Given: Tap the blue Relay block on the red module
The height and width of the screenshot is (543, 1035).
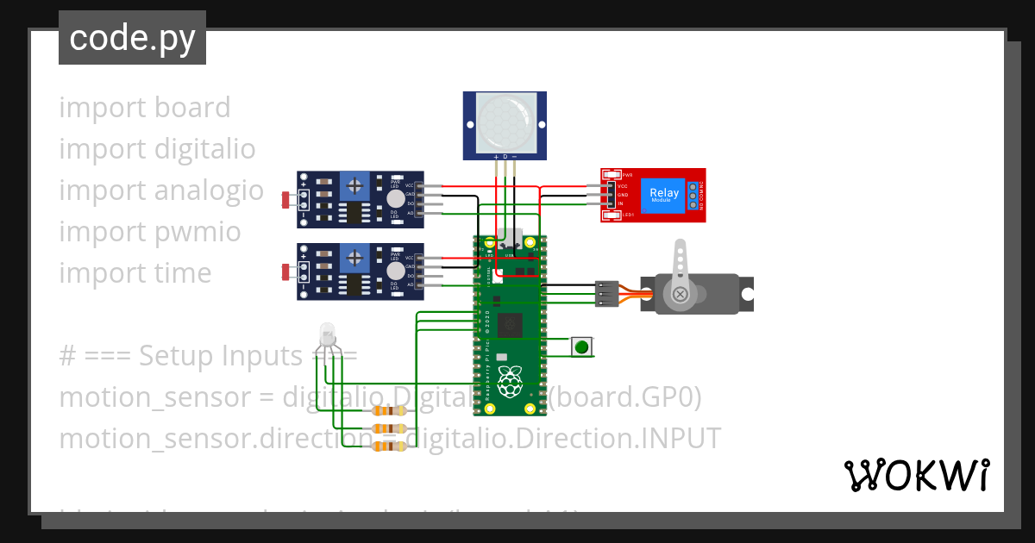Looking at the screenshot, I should point(664,195).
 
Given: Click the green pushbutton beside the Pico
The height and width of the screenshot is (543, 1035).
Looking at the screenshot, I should point(582,346).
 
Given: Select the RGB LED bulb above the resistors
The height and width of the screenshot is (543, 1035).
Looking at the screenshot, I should point(327,334).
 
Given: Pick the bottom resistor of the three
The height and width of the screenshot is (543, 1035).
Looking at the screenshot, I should point(389,446).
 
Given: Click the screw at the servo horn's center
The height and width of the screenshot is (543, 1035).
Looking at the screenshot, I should point(681,295).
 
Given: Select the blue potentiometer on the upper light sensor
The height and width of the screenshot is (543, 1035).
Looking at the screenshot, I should point(354,184).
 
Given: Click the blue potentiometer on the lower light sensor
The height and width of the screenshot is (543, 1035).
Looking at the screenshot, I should point(354,257).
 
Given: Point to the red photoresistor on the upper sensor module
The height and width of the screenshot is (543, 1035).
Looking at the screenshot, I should point(285,200).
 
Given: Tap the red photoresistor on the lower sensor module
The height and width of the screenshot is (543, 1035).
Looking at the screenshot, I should point(285,273).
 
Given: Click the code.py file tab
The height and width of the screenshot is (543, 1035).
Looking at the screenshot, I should point(132,38).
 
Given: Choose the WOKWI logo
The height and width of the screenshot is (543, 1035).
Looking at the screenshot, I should point(916,475).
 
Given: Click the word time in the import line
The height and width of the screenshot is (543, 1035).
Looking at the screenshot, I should point(182,273).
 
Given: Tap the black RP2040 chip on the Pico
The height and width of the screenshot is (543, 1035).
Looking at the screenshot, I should point(511,326).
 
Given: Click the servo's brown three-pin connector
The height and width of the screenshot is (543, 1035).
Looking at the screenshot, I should point(606,294).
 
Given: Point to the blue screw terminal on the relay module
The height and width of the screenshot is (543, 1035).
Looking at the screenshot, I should point(692,196).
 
